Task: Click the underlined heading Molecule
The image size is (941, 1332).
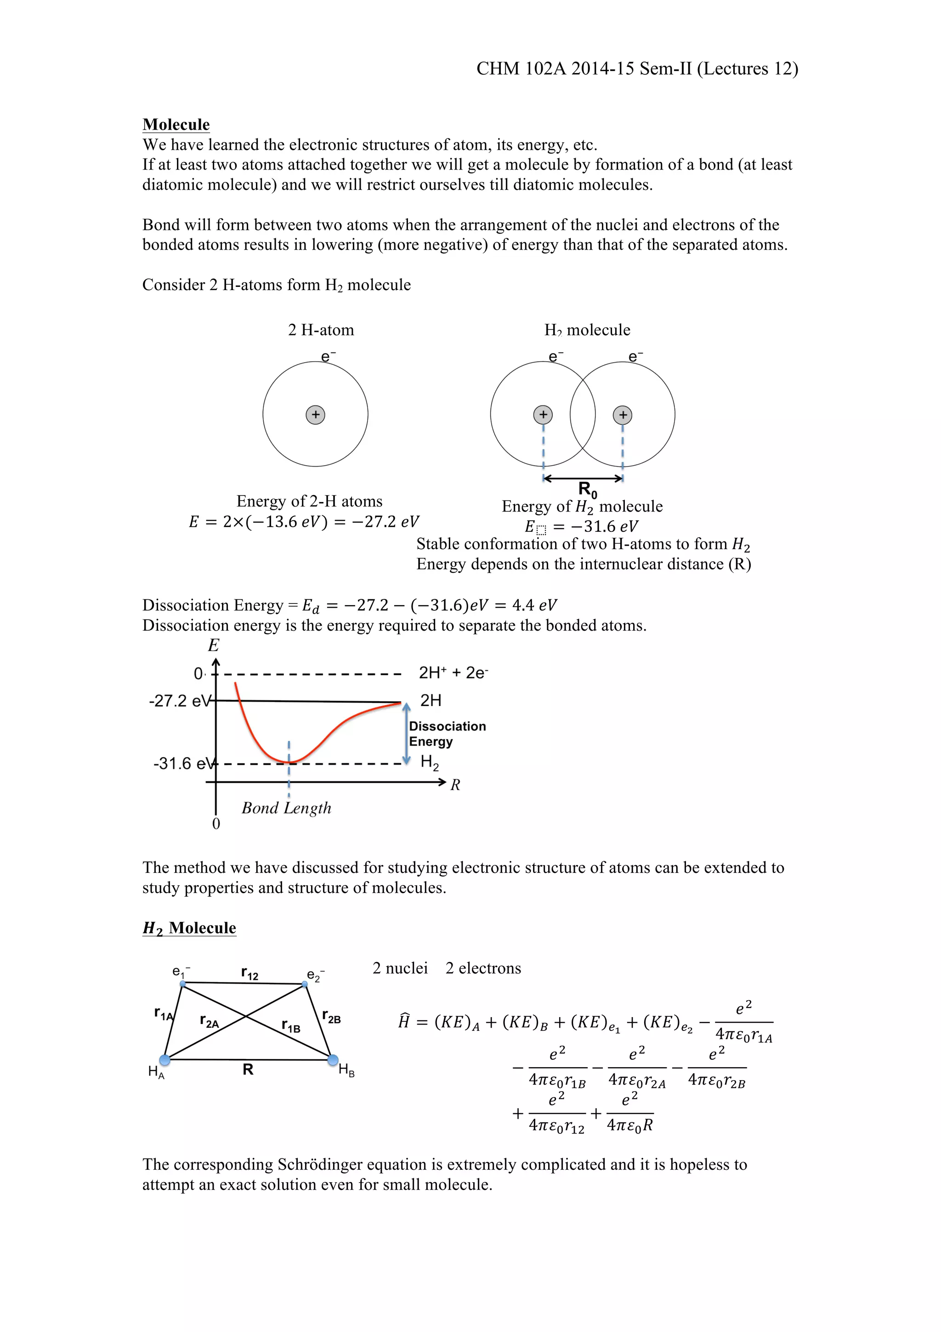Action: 176,125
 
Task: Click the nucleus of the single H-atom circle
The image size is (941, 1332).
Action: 315,415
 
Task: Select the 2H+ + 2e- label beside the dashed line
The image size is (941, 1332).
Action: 453,673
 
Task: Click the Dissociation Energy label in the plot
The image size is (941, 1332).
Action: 447,734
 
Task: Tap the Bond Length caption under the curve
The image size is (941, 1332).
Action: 286,808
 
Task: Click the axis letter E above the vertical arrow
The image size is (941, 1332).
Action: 213,646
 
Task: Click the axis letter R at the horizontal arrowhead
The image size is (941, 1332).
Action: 455,785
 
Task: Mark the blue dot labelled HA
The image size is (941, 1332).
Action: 164,1060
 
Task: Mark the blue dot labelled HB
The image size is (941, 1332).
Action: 333,1060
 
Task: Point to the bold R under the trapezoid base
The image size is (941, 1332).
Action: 248,1070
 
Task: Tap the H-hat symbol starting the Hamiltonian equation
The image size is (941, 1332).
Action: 404,1022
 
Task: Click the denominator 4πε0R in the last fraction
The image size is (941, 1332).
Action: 629,1126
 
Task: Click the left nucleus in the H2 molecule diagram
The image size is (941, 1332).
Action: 543,415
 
